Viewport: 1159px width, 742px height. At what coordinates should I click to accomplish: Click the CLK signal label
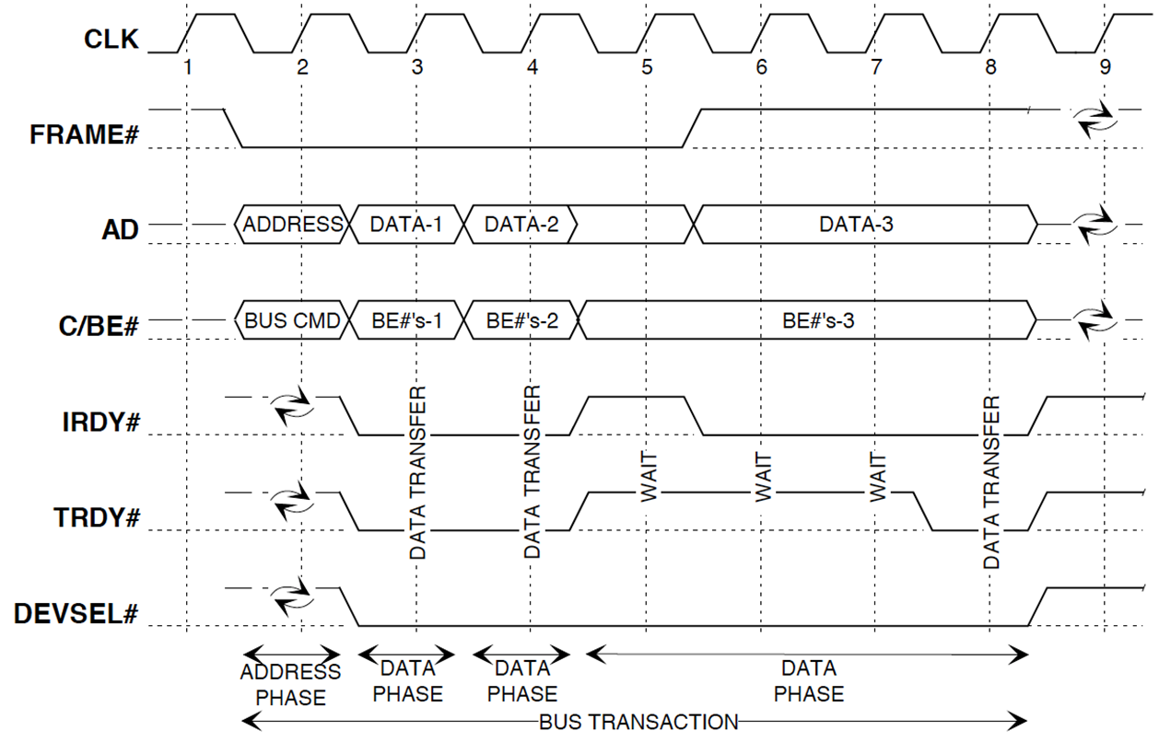click(111, 41)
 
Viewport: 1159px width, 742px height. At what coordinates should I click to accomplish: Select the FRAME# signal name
click(84, 135)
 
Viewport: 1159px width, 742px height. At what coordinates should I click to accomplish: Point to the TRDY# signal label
click(98, 517)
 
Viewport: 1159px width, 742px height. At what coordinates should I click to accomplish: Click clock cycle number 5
click(647, 66)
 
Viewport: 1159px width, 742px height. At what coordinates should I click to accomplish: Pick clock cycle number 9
click(1104, 66)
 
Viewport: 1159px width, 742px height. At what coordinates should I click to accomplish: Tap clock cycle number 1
click(187, 66)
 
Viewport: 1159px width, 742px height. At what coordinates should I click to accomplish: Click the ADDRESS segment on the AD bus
click(294, 224)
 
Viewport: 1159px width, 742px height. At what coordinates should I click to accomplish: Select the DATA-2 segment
click(521, 224)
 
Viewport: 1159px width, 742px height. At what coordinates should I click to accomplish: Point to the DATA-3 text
click(856, 224)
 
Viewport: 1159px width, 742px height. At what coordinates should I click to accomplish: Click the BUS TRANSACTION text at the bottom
click(638, 722)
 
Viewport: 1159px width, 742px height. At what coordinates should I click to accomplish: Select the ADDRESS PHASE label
click(290, 685)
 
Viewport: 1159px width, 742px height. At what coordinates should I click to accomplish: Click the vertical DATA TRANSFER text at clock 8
click(991, 483)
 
